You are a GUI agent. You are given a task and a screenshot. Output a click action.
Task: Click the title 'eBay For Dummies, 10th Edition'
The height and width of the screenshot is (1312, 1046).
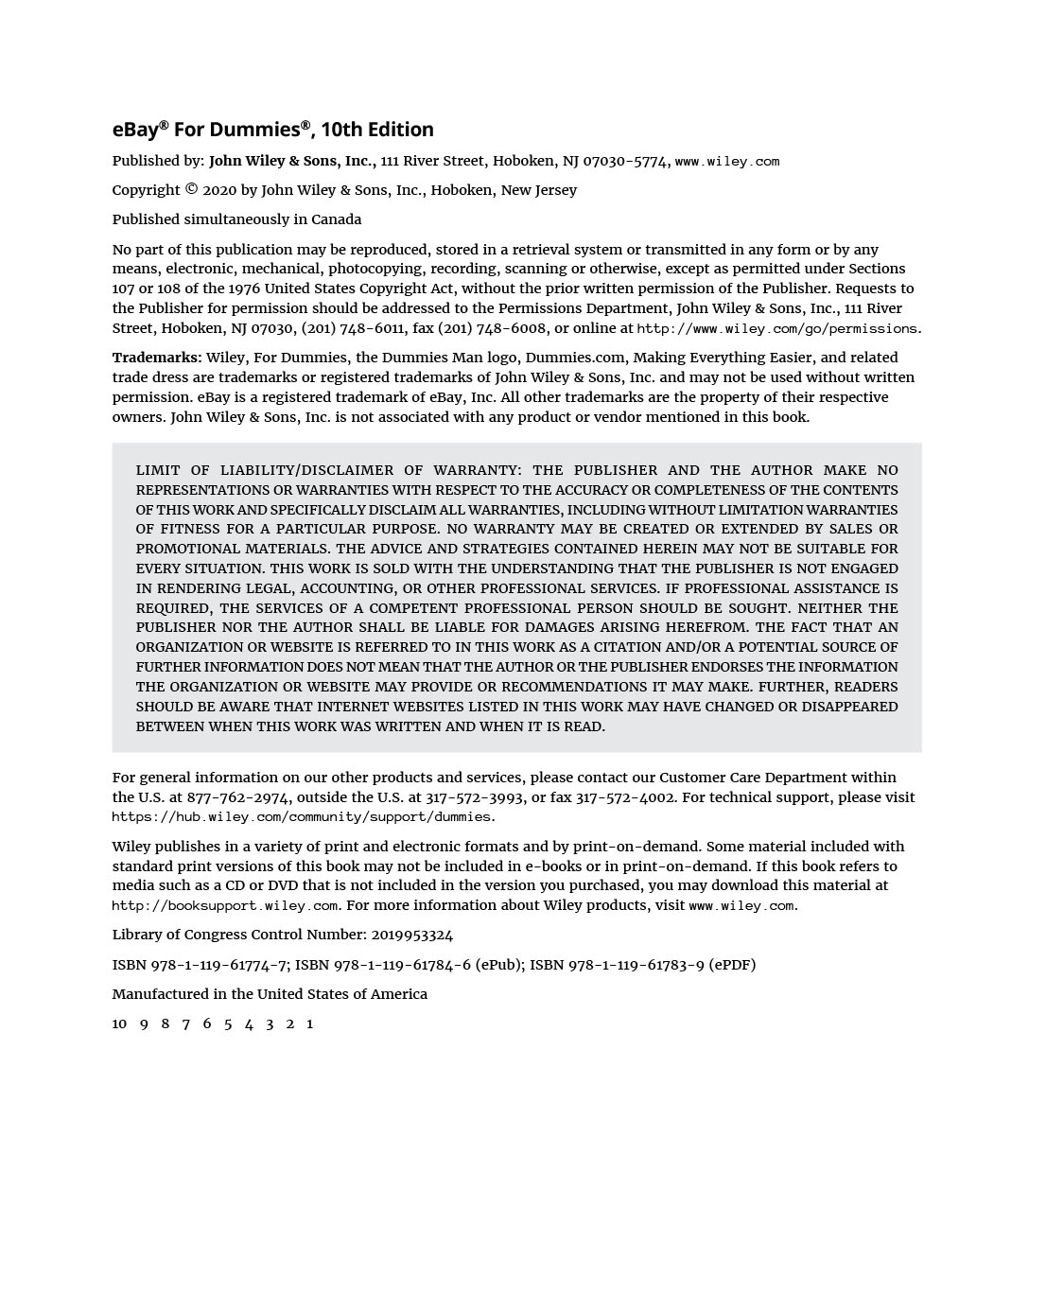pos(272,130)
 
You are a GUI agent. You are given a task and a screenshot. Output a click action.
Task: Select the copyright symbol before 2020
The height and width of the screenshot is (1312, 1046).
pos(191,189)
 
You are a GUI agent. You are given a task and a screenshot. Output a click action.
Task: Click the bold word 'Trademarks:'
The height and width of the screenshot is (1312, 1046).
pos(157,358)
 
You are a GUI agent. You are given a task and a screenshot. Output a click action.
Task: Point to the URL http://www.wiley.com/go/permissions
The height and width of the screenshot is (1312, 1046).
pos(776,329)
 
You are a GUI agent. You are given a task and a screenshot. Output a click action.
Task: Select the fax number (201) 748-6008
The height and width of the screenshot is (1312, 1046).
pos(492,328)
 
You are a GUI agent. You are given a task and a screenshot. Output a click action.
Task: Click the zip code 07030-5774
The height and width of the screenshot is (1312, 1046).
pos(625,161)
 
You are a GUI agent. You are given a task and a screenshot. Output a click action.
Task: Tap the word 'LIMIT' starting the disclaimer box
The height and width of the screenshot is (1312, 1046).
pos(157,470)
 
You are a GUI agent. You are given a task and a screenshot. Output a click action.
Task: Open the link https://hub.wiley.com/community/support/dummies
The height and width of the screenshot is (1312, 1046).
pos(302,817)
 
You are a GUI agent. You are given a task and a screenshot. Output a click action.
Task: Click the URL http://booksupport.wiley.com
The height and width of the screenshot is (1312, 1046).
pos(225,906)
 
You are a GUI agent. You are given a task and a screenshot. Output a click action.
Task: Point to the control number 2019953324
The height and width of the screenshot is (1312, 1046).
pos(411,935)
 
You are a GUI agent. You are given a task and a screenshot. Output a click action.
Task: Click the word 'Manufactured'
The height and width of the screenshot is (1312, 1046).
pos(158,994)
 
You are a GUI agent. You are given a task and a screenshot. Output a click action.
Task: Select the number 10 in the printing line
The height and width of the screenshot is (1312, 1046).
pos(119,1023)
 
